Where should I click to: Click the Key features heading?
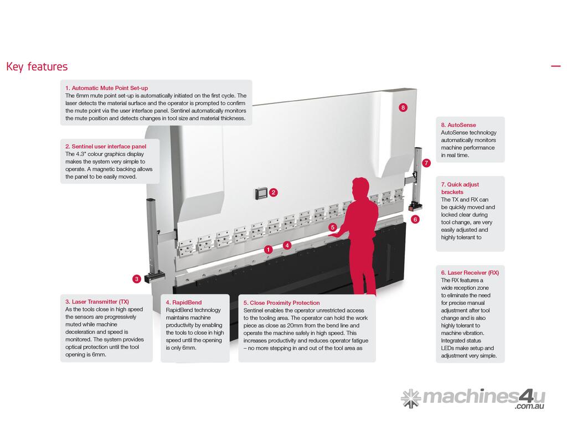37,67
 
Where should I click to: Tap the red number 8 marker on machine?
403,107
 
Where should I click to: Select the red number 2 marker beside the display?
274,193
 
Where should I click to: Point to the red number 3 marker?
136,279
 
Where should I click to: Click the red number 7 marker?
426,163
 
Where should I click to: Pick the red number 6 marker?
415,219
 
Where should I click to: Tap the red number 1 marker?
269,250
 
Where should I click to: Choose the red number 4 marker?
287,245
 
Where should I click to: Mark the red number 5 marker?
332,227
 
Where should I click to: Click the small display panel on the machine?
261,193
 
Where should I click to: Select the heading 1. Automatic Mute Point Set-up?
106,88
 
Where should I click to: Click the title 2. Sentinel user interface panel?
106,147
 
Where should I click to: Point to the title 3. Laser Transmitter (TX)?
97,302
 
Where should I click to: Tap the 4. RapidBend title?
184,303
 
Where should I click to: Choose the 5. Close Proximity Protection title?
281,303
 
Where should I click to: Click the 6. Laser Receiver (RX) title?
470,273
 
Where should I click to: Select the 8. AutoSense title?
458,125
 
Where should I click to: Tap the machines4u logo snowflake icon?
411,398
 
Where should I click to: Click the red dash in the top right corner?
555,66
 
